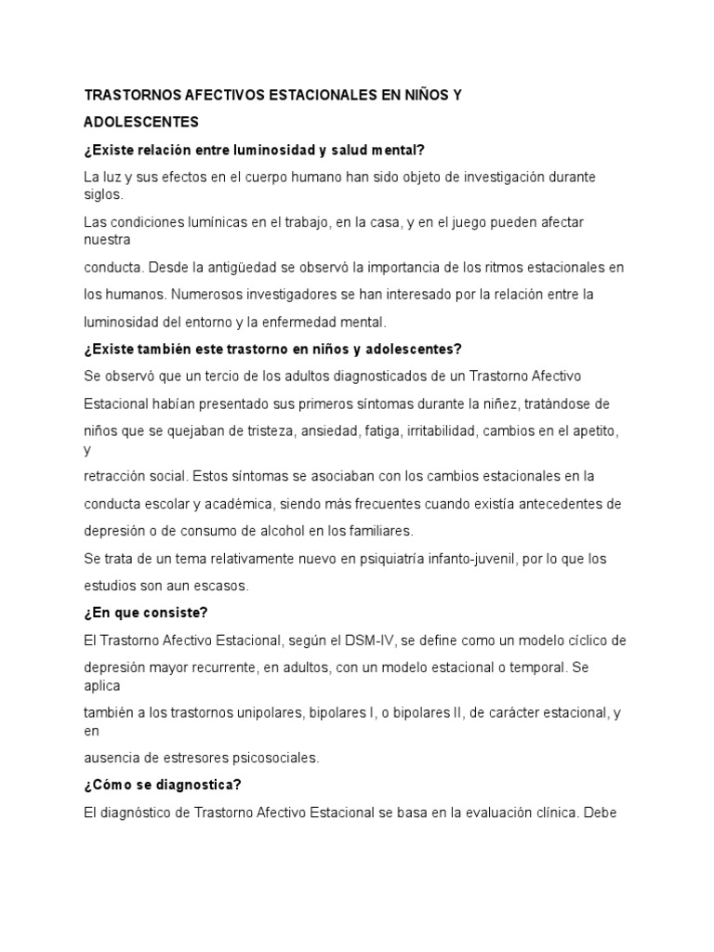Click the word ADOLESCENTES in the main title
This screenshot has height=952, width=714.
[x=140, y=122]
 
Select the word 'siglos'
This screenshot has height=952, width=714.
[x=101, y=195]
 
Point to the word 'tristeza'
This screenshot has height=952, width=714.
[x=271, y=430]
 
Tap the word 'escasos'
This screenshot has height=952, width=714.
[x=219, y=586]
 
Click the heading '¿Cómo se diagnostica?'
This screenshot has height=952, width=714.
[x=162, y=785]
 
